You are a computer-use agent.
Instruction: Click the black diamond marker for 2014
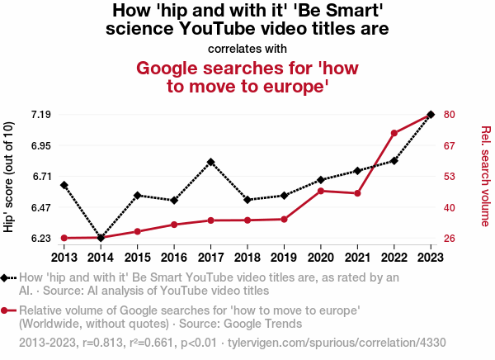(x=101, y=238)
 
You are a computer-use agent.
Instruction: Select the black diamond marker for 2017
(x=211, y=162)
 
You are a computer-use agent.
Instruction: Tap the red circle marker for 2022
(x=394, y=133)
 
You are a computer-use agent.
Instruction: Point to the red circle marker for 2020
(x=321, y=191)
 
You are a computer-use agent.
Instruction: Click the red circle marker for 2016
(x=174, y=225)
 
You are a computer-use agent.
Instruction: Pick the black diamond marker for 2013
(x=64, y=185)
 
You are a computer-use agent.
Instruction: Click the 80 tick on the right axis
(x=450, y=114)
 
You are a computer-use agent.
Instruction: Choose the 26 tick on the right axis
(x=450, y=239)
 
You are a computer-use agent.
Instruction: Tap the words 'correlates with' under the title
(x=247, y=49)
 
